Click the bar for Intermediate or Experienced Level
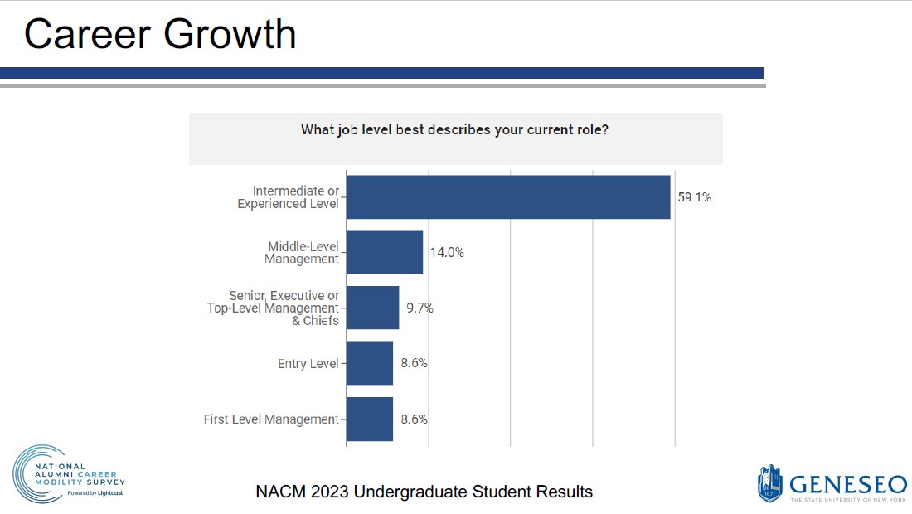coord(507,197)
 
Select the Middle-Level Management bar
coord(384,252)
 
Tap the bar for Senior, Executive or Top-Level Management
coord(372,308)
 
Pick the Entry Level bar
coord(369,363)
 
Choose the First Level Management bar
coord(369,419)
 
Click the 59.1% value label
coord(694,197)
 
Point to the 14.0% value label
coord(447,253)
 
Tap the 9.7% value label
coord(420,308)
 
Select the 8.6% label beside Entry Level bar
coord(414,363)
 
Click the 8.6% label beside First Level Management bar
coord(414,419)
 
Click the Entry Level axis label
coord(308,364)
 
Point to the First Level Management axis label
coord(271,419)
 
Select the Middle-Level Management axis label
coord(303,252)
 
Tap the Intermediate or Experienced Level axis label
coord(289,197)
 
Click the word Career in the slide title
coord(87,34)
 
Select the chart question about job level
coord(454,130)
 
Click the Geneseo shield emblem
coord(770,483)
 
